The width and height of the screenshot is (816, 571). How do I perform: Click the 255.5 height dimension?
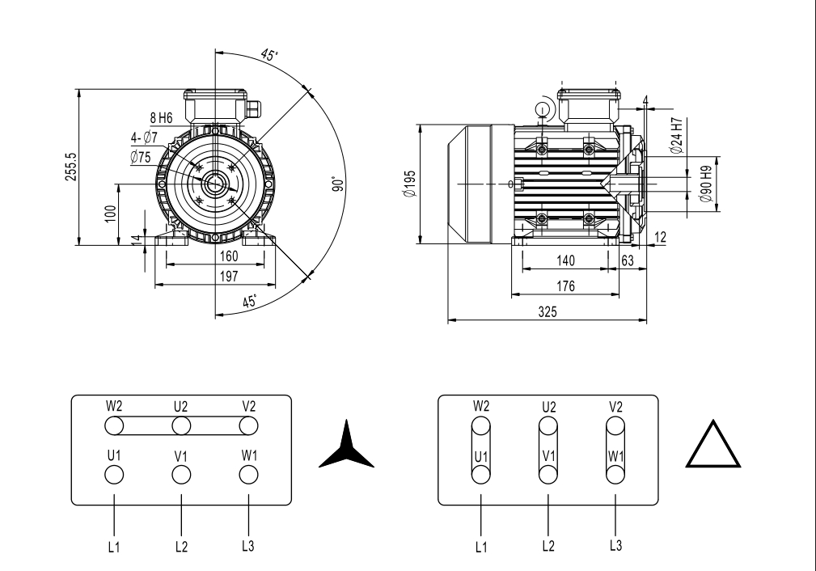point(72,165)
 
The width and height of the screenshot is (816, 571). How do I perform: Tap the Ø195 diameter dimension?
point(412,184)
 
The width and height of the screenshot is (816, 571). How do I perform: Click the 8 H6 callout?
point(161,118)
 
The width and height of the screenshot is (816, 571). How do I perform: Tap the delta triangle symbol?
point(712,446)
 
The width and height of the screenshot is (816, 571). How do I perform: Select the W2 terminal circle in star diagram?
point(114,425)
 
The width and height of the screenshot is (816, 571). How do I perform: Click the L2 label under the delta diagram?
point(548,546)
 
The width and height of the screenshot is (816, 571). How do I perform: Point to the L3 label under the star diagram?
point(250,545)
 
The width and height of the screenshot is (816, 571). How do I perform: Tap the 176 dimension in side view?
point(565,285)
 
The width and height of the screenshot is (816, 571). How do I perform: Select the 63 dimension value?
point(626,260)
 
